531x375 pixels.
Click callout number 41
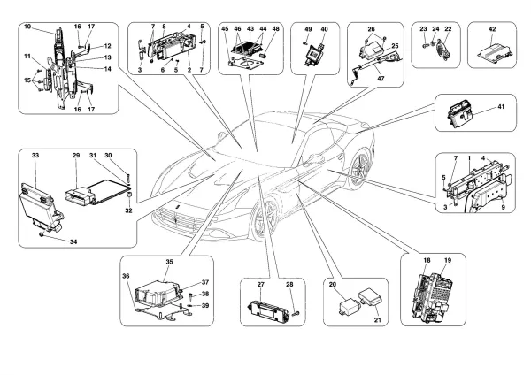point(501,107)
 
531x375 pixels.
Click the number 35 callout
point(170,262)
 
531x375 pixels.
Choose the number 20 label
point(331,285)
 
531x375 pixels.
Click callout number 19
point(448,262)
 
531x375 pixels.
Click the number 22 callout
point(448,28)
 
